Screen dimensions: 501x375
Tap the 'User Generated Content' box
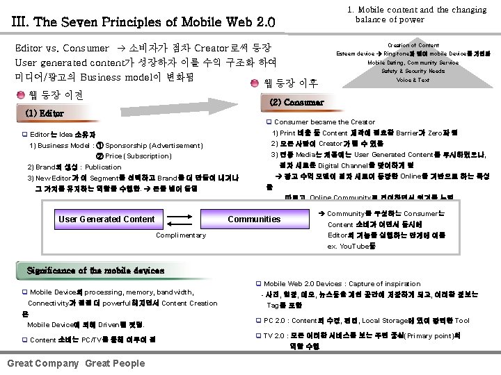click(106, 219)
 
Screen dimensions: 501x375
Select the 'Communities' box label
click(254, 219)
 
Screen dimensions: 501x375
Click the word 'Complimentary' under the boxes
click(181, 235)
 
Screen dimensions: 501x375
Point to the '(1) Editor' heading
click(44, 113)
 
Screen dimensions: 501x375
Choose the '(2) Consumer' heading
click(296, 102)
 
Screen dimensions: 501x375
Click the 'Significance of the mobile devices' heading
click(95, 269)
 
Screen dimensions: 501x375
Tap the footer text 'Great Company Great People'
click(76, 363)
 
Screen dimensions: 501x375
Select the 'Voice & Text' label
click(413, 80)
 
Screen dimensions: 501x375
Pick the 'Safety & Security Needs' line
click(413, 71)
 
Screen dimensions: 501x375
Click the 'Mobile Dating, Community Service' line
click(413, 62)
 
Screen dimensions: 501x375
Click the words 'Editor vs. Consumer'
click(62, 49)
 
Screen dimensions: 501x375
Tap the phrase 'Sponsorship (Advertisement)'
click(154, 146)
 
